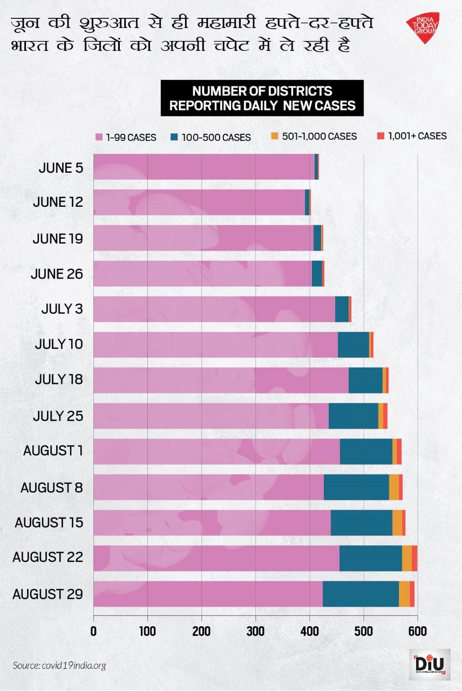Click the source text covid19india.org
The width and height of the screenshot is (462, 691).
coord(59,665)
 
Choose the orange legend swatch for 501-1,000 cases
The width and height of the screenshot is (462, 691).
coord(275,136)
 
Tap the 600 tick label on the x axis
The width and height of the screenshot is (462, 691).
coord(417,630)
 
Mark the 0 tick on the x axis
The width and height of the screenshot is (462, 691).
coord(94,630)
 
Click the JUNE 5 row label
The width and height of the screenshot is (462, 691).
coord(60,167)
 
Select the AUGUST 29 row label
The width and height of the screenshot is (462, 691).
coord(47,594)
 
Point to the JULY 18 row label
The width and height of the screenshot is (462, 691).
coord(58,380)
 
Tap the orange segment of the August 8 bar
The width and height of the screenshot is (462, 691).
coord(393,487)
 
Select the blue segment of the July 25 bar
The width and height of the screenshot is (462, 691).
coord(353,416)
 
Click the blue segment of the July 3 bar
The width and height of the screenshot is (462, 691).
coord(342,309)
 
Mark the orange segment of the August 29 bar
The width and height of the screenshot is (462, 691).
coord(404,594)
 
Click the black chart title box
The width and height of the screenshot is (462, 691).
coord(262,98)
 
